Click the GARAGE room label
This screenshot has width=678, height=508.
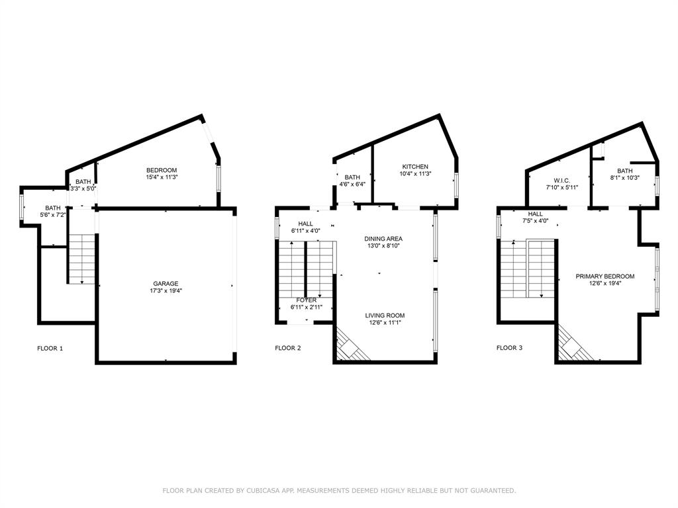click(166, 284)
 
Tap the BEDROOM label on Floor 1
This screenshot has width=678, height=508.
click(162, 170)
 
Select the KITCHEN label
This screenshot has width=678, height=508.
click(415, 167)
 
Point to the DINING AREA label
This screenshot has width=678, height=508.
click(383, 239)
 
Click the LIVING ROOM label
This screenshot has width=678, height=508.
click(385, 316)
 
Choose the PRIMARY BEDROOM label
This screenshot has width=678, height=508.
click(605, 276)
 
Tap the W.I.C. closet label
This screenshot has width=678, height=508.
click(561, 181)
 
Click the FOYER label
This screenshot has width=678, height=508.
click(306, 300)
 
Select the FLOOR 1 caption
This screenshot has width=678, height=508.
click(50, 348)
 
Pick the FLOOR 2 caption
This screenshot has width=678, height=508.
click(288, 348)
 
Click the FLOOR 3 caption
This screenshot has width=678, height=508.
click(509, 348)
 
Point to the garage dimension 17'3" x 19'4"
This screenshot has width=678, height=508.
click(166, 291)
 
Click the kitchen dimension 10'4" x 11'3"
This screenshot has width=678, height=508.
click(415, 174)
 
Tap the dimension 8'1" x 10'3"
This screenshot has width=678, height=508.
click(624, 177)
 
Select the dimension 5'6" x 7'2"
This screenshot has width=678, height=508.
click(53, 216)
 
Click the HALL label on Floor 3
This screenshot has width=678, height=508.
click(535, 214)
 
